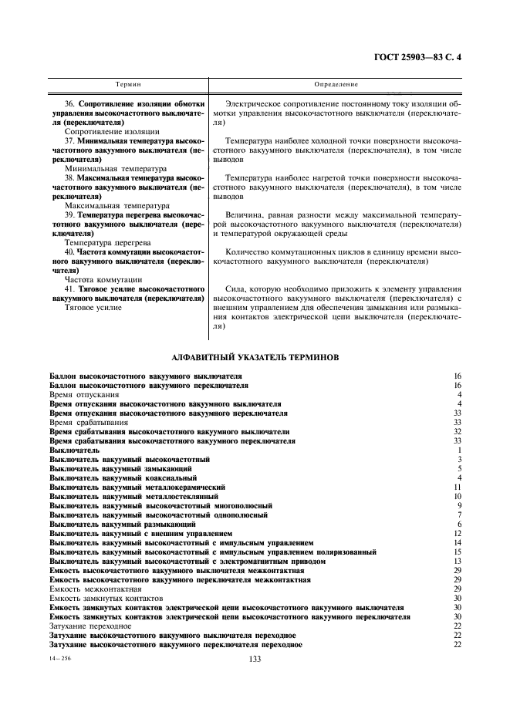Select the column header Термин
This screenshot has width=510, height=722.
[128, 83]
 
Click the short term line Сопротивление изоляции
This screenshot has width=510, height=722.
[102, 132]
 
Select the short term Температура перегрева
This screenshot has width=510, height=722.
[103, 241]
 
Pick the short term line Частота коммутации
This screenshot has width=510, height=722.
[103, 278]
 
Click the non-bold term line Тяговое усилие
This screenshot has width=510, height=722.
[93, 307]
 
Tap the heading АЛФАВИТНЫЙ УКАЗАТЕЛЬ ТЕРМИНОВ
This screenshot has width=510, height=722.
[255, 358]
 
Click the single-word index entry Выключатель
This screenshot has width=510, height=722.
[74, 450]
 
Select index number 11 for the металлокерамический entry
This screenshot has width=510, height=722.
[458, 488]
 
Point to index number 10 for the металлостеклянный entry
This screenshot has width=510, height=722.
[458, 497]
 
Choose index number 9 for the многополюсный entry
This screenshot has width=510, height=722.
[459, 506]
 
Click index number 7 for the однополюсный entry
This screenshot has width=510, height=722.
[459, 515]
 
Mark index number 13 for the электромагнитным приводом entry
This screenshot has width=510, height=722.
[458, 562]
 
